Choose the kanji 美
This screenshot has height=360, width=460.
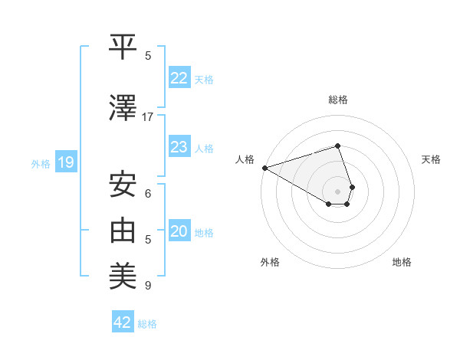pyautogui.click(x=124, y=273)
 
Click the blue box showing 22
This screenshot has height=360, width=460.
pyautogui.click(x=179, y=77)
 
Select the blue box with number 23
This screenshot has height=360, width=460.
pyautogui.click(x=179, y=147)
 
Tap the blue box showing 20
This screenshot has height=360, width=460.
pyautogui.click(x=179, y=231)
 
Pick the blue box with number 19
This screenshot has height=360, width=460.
pyautogui.click(x=65, y=162)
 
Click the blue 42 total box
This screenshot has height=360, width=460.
pyautogui.click(x=123, y=322)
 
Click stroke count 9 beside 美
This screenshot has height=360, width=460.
pyautogui.click(x=148, y=286)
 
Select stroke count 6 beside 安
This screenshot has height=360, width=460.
pyautogui.click(x=148, y=194)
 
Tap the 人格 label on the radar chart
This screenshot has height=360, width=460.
pyautogui.click(x=245, y=159)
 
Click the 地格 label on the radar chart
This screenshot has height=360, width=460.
pyautogui.click(x=402, y=262)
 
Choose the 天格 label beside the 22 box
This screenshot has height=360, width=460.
pyautogui.click(x=203, y=80)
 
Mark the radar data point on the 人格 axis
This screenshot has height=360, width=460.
pyautogui.click(x=264, y=168)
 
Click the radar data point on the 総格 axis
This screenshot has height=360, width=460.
pyautogui.click(x=337, y=146)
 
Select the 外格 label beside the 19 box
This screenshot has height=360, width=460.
pyautogui.click(x=41, y=163)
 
